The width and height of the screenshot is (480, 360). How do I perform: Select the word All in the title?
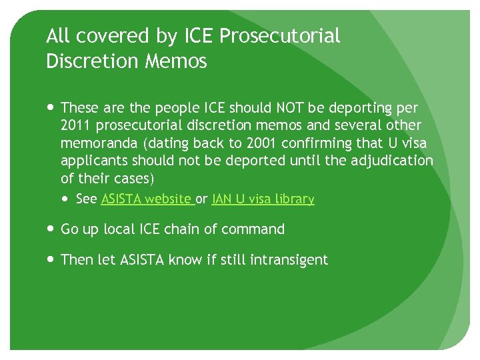click(x=58, y=36)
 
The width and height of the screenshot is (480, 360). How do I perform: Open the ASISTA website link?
click(x=147, y=199)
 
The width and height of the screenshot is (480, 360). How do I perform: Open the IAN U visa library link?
click(x=263, y=199)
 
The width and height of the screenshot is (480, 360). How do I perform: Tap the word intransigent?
click(x=289, y=260)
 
